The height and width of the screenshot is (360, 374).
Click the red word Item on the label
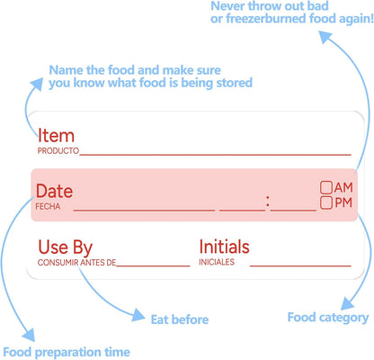click(x=56, y=136)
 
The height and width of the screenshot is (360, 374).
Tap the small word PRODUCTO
click(x=58, y=150)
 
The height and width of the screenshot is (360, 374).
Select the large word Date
click(x=54, y=191)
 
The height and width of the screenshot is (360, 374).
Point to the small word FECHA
click(x=48, y=206)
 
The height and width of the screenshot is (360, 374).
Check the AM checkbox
click(x=326, y=187)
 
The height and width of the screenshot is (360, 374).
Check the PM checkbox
click(x=326, y=202)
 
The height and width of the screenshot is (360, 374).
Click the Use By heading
click(x=66, y=247)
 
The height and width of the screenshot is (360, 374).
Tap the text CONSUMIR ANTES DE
click(x=76, y=263)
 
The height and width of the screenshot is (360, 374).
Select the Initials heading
click(x=224, y=247)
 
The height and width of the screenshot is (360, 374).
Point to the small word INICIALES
click(x=217, y=262)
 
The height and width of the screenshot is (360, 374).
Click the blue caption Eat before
click(x=180, y=319)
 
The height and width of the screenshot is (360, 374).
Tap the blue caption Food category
click(x=328, y=318)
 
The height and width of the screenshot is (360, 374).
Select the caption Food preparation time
click(x=67, y=352)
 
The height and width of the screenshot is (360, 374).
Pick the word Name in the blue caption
click(x=66, y=70)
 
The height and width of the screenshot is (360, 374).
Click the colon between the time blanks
click(x=268, y=202)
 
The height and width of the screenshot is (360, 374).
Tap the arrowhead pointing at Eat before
click(x=138, y=315)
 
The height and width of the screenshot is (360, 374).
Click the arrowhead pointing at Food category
click(x=348, y=303)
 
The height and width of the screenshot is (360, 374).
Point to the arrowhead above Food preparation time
click(x=29, y=335)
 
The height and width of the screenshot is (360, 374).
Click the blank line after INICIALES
click(x=300, y=265)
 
